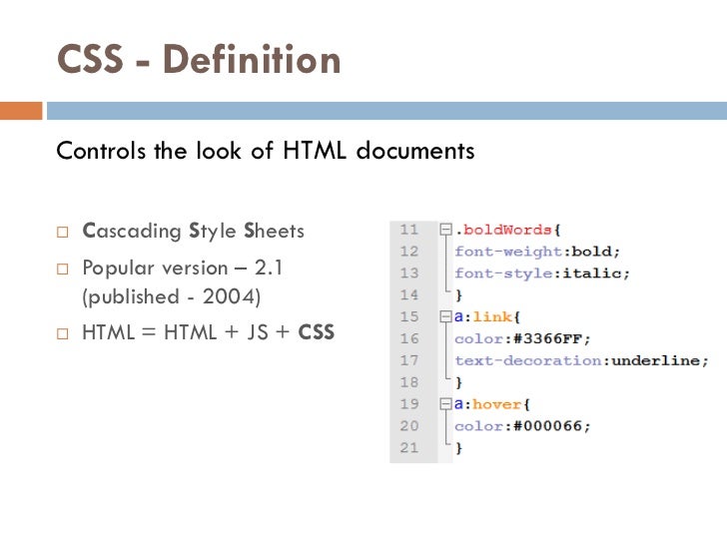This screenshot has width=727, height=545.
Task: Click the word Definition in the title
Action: point(252,61)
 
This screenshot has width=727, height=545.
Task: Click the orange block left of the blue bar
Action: point(21,110)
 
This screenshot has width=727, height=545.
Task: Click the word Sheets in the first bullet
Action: point(274,233)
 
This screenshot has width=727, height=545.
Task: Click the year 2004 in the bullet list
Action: point(228,297)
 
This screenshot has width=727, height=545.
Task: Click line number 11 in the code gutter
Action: point(408,230)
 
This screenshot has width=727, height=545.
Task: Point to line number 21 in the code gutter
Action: point(408,448)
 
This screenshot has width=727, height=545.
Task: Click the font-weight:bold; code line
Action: point(537,252)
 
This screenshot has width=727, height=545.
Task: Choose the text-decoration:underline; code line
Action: point(581,360)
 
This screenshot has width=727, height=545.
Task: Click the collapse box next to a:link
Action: point(445,317)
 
